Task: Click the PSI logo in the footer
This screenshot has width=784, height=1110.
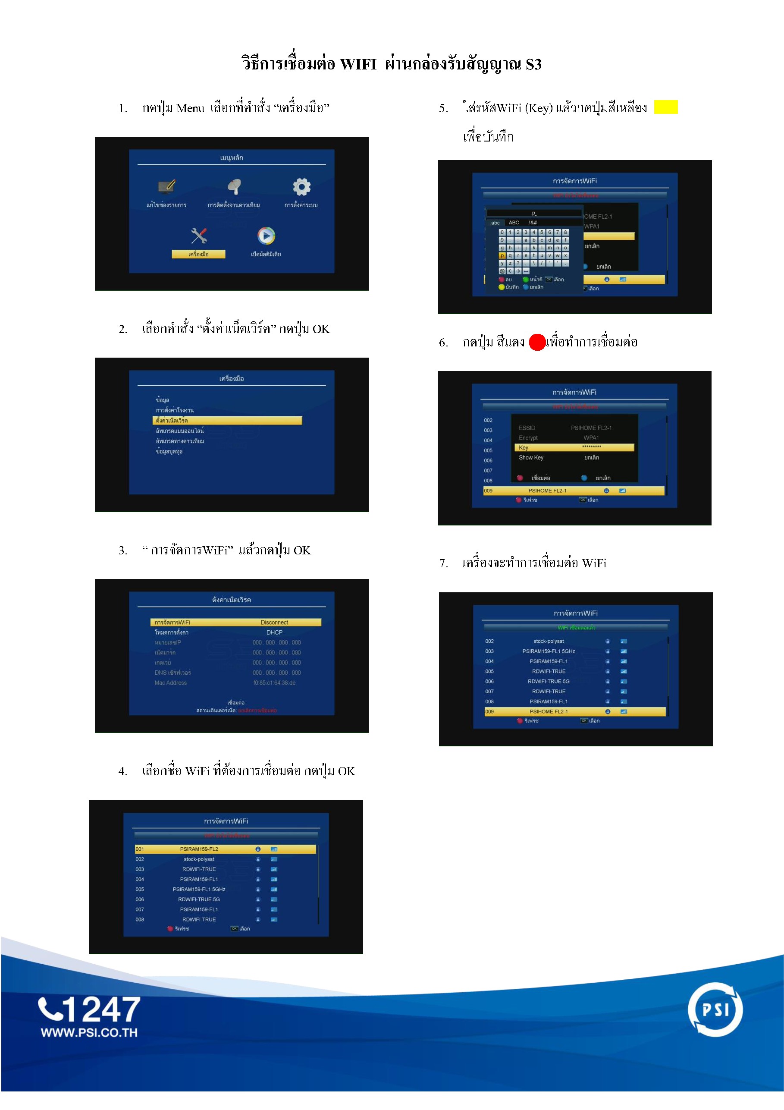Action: click(715, 1010)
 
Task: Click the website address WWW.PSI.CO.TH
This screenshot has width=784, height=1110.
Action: click(89, 1032)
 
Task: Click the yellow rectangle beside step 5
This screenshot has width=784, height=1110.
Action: click(665, 107)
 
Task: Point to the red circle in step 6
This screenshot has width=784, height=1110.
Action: click(537, 342)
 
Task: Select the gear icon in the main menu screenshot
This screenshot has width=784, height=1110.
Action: click(301, 187)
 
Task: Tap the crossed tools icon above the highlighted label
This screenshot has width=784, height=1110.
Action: click(199, 236)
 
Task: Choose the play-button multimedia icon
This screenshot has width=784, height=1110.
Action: click(266, 236)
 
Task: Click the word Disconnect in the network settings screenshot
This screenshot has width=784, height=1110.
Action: click(274, 622)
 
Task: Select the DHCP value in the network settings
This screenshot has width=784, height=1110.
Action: click(274, 632)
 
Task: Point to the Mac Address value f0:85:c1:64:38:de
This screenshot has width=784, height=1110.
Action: click(274, 682)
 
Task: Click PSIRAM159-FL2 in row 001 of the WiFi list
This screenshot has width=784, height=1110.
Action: click(199, 849)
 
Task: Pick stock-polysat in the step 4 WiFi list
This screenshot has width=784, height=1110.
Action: click(199, 859)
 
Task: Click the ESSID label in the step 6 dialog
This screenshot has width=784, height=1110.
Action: click(527, 428)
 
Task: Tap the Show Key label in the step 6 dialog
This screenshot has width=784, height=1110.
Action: click(531, 457)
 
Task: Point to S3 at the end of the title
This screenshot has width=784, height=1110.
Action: click(533, 64)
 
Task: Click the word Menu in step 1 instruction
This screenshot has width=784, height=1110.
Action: click(190, 108)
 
